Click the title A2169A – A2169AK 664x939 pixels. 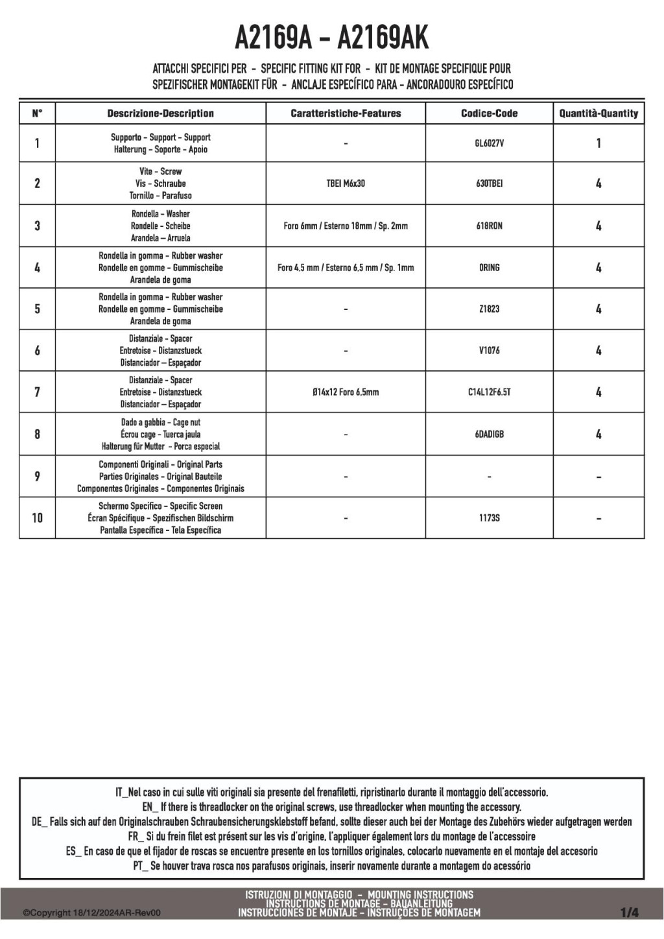coord(331,38)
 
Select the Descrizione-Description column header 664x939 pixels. coord(160,113)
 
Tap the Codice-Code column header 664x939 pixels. coord(489,113)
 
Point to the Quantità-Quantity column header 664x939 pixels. coord(599,113)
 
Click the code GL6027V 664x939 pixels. coord(489,143)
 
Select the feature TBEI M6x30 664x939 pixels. coord(346,184)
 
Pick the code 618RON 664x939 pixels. coord(489,226)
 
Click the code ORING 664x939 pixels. coord(489,267)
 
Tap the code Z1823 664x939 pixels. coord(489,309)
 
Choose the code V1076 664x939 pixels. coord(489,350)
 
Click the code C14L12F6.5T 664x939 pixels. coord(489,392)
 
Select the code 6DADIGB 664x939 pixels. coord(489,434)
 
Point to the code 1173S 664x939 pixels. coord(489,518)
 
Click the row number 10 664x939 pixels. coord(37,518)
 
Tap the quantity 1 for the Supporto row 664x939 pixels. coord(599,143)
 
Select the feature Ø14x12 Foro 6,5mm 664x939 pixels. coord(346,392)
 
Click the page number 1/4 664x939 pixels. coord(629,912)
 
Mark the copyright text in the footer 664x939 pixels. coord(91,913)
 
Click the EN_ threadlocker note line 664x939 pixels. coord(331,807)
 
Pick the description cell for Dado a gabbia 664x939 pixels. coord(160,434)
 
